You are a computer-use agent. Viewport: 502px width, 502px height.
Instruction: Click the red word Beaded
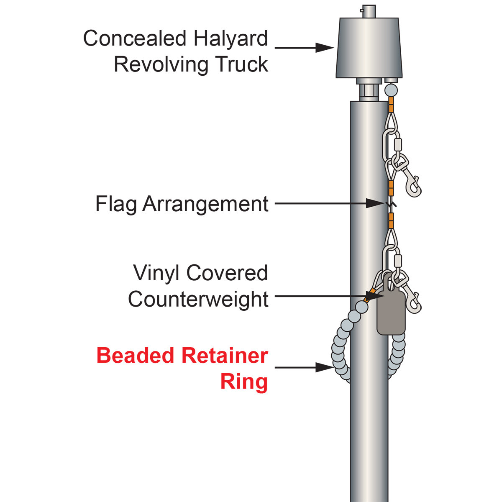coord(135,356)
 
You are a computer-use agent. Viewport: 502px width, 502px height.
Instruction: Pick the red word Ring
coord(244,382)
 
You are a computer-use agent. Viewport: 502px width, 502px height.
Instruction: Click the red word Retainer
coord(225,356)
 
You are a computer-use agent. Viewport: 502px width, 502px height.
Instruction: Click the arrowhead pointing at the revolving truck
coord(324,48)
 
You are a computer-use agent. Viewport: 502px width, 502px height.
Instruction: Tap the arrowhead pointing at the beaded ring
coord(324,368)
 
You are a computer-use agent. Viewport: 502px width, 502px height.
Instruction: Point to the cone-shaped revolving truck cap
coord(368,48)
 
